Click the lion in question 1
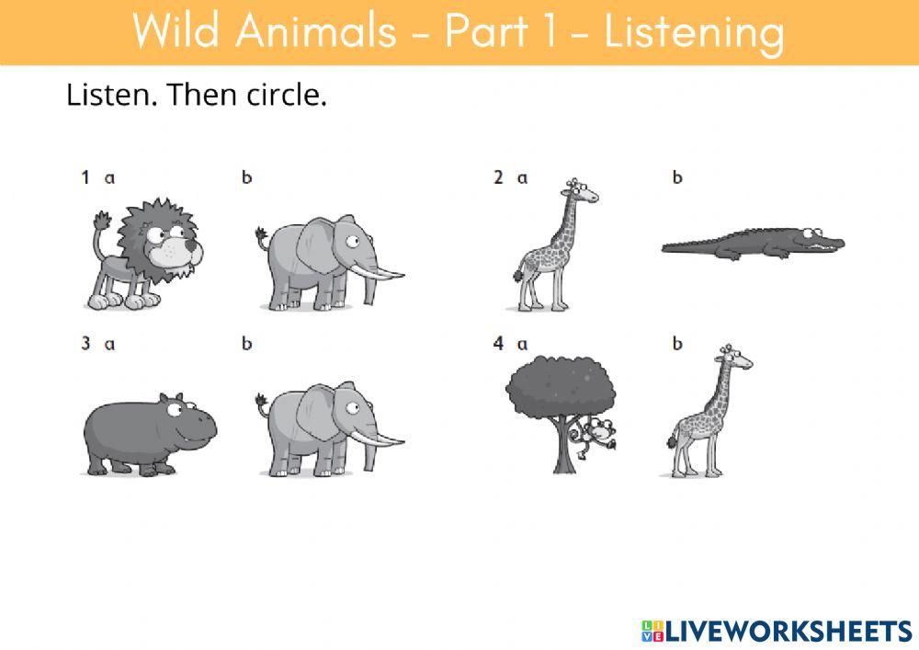147,253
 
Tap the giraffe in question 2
551,244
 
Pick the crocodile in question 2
754,245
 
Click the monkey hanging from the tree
600,432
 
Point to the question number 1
85,177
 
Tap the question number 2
498,177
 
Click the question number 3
85,344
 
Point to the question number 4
498,344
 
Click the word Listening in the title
694,32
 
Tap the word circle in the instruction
287,95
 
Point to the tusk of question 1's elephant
386,273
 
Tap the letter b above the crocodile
677,177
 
